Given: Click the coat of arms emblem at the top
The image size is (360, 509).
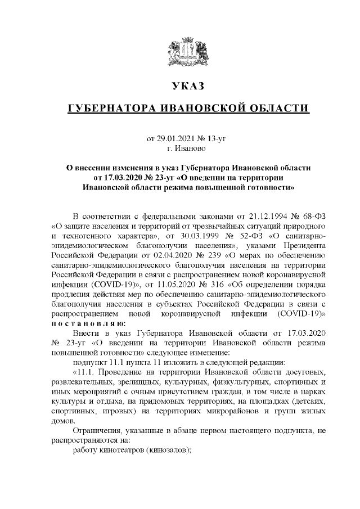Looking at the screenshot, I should pyautogui.click(x=188, y=52).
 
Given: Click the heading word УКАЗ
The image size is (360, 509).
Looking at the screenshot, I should pyautogui.click(x=188, y=86).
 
